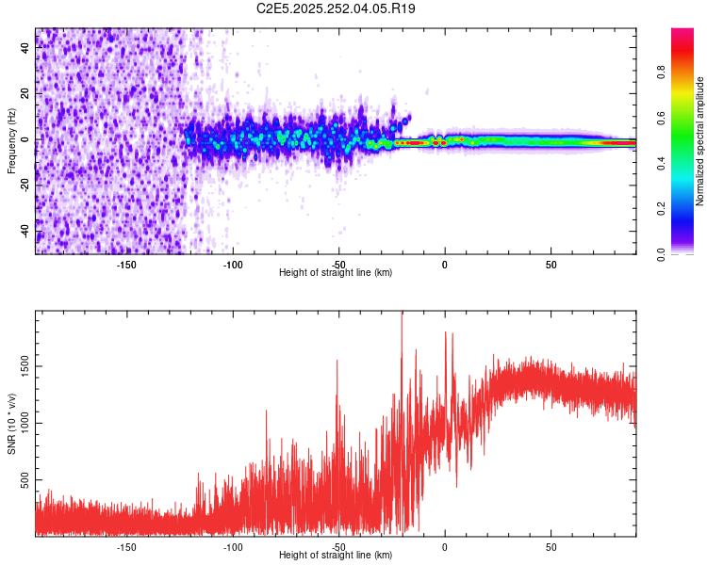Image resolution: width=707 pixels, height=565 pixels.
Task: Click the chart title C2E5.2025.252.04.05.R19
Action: tap(337, 8)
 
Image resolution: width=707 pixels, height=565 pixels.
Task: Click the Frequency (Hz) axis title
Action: tap(11, 140)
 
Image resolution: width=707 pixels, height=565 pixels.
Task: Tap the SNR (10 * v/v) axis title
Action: tap(11, 424)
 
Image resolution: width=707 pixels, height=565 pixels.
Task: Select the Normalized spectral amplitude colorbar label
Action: tap(699, 141)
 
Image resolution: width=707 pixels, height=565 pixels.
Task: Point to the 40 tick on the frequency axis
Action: tap(25, 48)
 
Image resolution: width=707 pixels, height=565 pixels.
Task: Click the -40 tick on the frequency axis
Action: tap(25, 231)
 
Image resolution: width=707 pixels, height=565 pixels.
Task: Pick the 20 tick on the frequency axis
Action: tap(25, 94)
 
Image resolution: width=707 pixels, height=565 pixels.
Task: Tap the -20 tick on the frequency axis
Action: tap(25, 186)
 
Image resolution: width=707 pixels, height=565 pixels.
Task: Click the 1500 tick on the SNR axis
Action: tap(25, 365)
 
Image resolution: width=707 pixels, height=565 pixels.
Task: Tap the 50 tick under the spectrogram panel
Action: tap(551, 264)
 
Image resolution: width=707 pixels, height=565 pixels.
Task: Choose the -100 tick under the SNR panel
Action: tap(233, 546)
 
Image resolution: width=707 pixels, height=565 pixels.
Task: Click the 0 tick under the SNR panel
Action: tap(445, 546)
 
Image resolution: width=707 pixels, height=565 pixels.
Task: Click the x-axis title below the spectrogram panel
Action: tap(336, 273)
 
